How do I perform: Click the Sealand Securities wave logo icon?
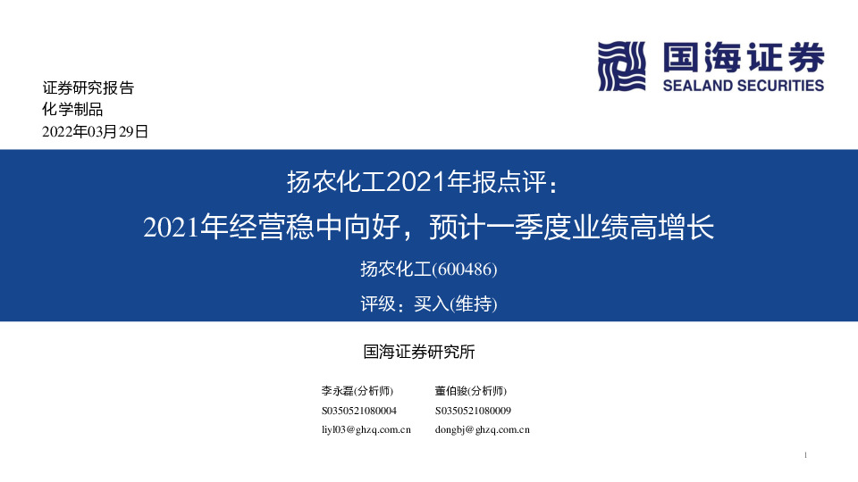(621, 66)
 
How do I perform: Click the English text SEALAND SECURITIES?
(744, 86)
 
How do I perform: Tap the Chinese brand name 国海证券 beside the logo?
(744, 59)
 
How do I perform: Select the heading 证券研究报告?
(88, 88)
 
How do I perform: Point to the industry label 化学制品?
(73, 110)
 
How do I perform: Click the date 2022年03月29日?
(96, 132)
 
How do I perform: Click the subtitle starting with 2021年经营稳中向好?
(429, 227)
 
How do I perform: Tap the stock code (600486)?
(465, 269)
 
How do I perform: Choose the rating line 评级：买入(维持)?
(428, 304)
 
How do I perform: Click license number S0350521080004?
(359, 411)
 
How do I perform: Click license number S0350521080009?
(474, 411)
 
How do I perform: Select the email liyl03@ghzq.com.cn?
(366, 429)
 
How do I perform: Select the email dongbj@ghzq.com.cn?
(483, 429)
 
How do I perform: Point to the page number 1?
(806, 456)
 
